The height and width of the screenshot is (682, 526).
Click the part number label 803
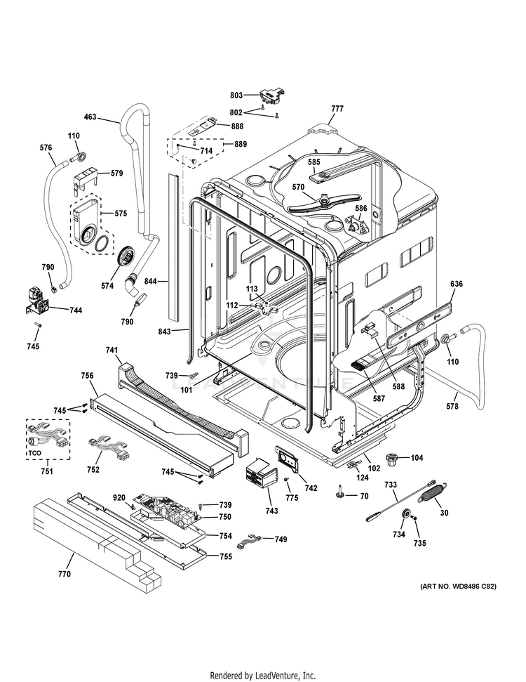[x=236, y=95]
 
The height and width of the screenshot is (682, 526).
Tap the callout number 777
[x=337, y=109]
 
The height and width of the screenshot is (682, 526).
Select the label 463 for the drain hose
[x=90, y=117]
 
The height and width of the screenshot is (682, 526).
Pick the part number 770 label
[x=64, y=575]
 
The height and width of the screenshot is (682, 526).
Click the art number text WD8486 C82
[x=458, y=586]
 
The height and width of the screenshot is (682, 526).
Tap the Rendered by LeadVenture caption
[x=263, y=675]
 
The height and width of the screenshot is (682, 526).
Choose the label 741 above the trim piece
[x=112, y=350]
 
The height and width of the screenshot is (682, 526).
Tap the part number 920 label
[x=119, y=497]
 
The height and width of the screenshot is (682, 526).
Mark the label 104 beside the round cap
[x=417, y=457]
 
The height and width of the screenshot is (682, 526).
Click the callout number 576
[x=46, y=147]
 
